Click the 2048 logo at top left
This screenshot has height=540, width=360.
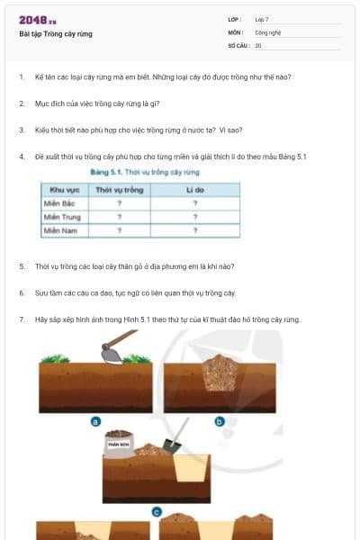click(37, 20)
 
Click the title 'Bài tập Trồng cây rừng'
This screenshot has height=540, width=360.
click(55, 34)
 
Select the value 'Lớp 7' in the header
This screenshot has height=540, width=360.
click(262, 19)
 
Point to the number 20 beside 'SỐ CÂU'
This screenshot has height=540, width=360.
click(258, 44)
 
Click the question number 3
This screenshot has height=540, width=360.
click(22, 130)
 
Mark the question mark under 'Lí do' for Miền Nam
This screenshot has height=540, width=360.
click(195, 230)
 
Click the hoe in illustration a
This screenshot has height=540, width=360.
click(114, 348)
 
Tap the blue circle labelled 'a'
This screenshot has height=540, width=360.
click(95, 420)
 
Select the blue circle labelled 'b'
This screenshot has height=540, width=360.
click(219, 420)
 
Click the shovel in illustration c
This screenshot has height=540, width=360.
click(170, 445)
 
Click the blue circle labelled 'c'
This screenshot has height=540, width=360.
click(157, 512)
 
